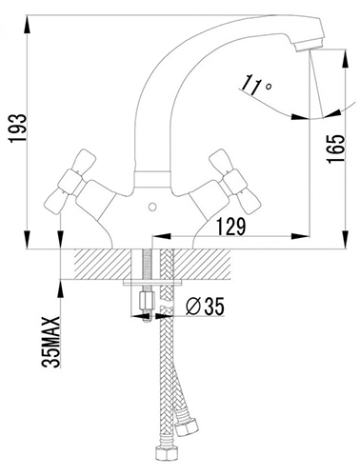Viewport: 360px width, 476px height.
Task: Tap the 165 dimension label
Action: point(335,149)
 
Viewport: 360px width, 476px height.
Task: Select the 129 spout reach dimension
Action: point(231,227)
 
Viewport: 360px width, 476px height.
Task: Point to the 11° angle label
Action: point(255,85)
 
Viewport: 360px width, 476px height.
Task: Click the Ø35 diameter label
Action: point(205,307)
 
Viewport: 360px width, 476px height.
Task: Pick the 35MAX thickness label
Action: point(50,342)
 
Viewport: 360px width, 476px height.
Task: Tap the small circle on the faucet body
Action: point(152,208)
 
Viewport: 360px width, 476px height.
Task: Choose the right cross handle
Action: point(235,182)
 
